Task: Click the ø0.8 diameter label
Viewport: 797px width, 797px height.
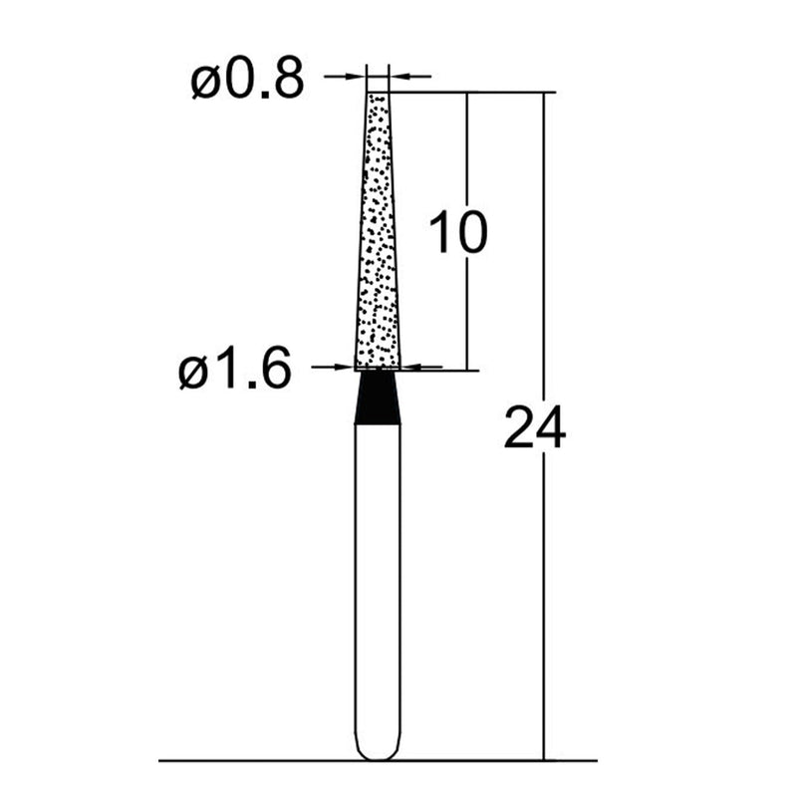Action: coord(246,83)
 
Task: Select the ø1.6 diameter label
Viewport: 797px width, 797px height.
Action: coord(235,373)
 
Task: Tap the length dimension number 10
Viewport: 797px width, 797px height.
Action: coord(457,233)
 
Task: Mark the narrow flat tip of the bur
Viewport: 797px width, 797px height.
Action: coord(378,95)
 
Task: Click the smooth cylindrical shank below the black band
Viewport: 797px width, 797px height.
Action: coord(378,578)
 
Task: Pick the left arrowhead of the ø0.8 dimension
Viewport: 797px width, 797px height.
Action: coord(360,75)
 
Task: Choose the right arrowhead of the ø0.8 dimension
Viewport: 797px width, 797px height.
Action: coord(396,75)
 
